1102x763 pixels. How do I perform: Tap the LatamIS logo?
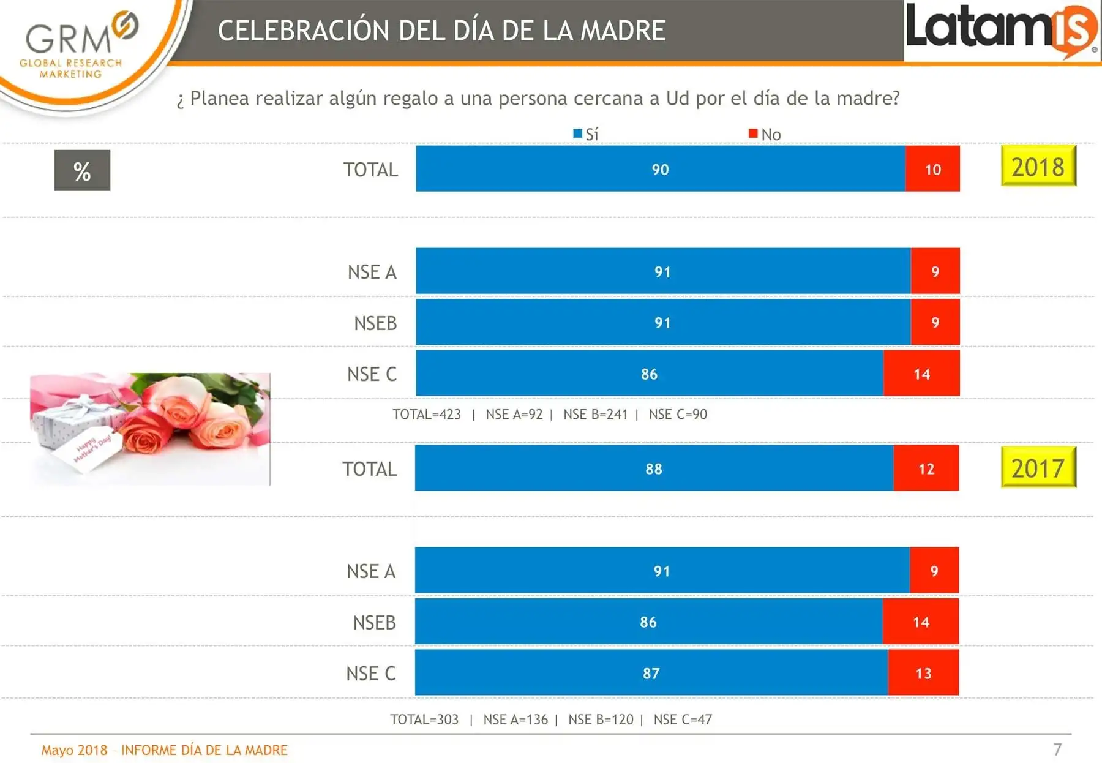point(1002,30)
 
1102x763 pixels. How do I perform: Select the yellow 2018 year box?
point(1038,165)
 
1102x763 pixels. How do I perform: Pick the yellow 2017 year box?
point(1038,467)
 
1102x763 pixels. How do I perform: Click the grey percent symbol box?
point(82,170)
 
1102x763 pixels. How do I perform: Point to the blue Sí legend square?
point(577,133)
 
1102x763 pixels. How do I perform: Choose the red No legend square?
point(753,133)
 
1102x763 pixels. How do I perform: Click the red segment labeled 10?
point(932,168)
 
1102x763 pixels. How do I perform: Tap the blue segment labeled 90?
point(661,168)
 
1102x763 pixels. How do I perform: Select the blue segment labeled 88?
point(654,468)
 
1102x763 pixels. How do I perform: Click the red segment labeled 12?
point(926,468)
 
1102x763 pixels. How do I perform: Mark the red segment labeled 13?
point(923,672)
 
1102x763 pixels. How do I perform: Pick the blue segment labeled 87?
point(651,672)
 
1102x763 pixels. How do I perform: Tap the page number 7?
point(1057,750)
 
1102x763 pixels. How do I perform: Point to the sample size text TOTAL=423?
point(427,415)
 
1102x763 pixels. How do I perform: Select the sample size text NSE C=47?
point(683,720)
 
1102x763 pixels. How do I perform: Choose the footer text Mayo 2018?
point(74,750)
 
